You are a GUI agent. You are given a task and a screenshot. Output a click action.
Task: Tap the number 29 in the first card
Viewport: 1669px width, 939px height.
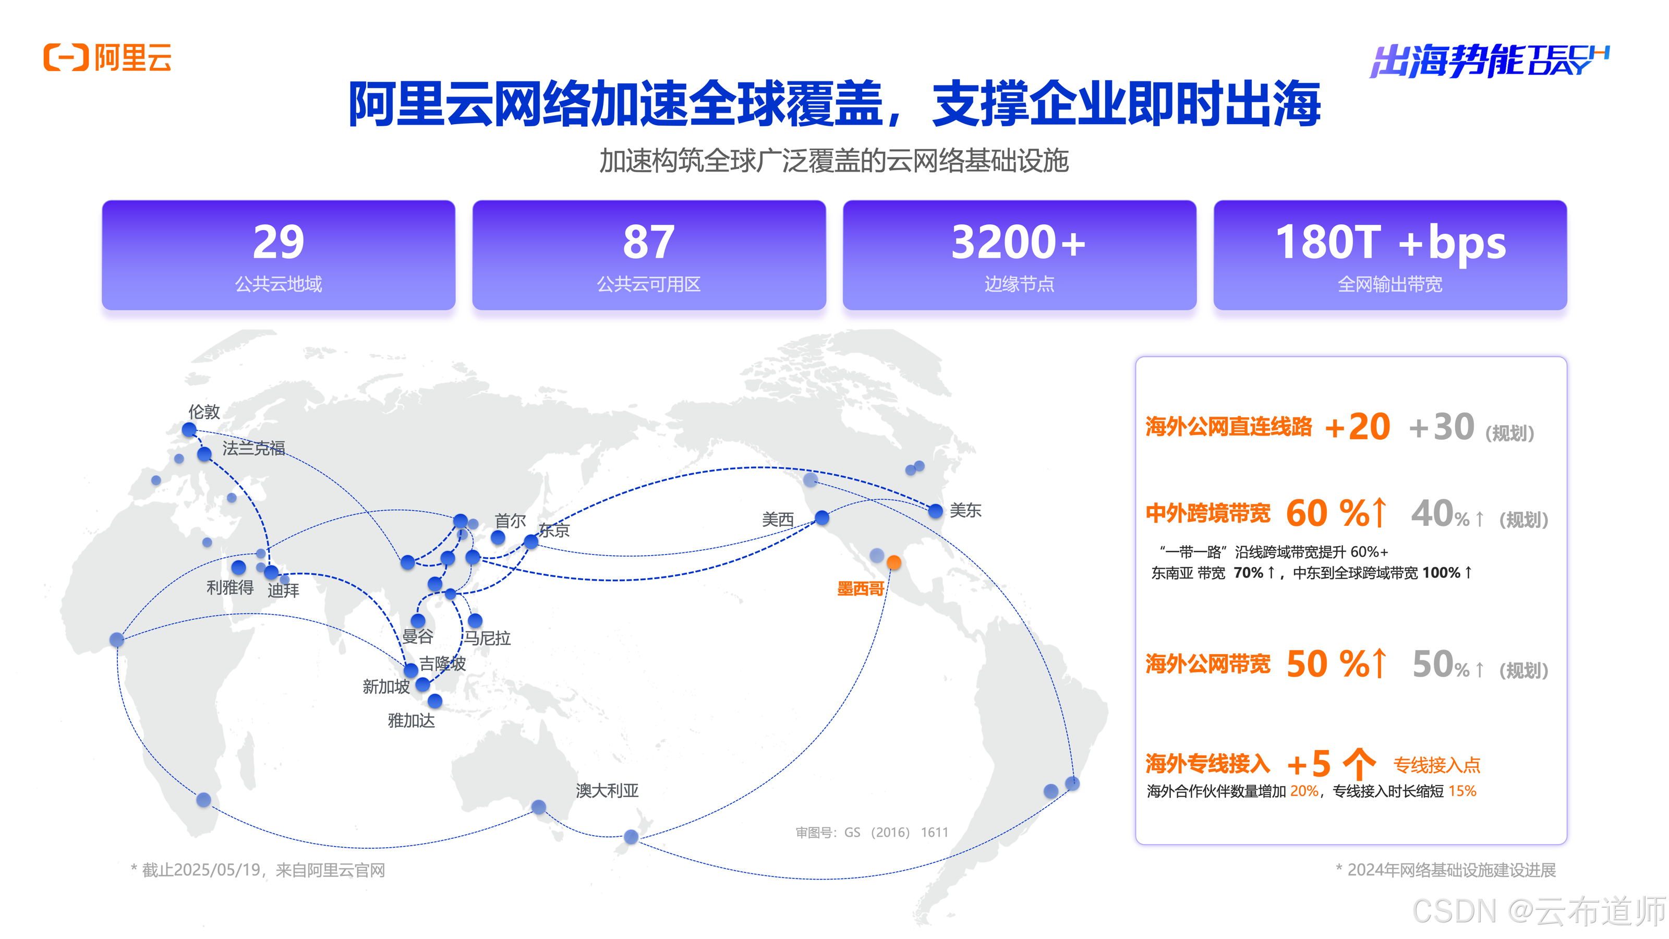[x=278, y=242]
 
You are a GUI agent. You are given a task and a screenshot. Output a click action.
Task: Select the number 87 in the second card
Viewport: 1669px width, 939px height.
[x=648, y=242]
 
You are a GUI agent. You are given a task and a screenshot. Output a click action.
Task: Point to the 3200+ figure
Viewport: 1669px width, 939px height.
[x=1019, y=242]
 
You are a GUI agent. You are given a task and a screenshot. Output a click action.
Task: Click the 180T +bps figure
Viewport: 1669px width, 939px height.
[x=1390, y=242]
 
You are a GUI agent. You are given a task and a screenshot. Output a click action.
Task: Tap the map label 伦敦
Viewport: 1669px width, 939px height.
[x=204, y=412]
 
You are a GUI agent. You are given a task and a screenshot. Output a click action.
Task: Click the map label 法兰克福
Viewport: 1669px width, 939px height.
[x=253, y=448]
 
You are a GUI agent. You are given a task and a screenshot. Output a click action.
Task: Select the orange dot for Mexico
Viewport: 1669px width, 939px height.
[x=894, y=562]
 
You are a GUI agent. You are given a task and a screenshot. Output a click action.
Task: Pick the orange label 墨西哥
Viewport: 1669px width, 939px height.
[x=861, y=588]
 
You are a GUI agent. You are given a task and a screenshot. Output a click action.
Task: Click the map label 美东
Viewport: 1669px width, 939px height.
[x=965, y=511]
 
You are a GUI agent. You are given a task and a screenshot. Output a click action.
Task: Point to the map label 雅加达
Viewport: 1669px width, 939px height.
[x=412, y=720]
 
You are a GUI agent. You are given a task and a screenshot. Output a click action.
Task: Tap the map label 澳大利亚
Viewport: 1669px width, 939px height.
[x=607, y=790]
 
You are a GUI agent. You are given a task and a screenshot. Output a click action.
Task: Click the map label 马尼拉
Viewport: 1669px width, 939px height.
[x=487, y=639]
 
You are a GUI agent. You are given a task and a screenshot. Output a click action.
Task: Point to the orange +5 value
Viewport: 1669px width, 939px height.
[x=1309, y=764]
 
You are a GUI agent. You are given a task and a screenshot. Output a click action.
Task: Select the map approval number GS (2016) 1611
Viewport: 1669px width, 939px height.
[x=872, y=832]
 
